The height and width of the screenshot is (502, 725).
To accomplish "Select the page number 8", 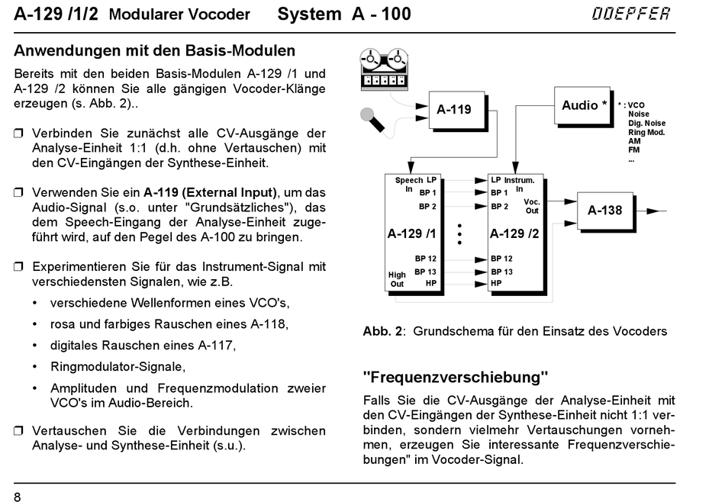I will point(18,497).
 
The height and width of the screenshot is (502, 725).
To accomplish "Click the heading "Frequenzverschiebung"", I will point(456,377).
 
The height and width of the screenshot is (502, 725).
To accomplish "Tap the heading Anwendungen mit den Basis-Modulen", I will point(155,52).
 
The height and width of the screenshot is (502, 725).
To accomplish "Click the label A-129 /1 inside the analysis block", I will point(411,233).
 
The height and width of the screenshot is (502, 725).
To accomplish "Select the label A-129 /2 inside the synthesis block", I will point(514,233).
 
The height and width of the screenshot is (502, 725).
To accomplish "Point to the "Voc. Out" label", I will point(531,206).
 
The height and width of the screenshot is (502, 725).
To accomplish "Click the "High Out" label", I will point(397,279).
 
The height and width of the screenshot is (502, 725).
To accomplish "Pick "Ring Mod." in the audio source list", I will point(646,132).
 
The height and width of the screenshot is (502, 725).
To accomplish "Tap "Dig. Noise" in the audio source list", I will point(646,123).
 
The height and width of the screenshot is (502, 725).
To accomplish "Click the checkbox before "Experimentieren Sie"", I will point(19,267).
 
